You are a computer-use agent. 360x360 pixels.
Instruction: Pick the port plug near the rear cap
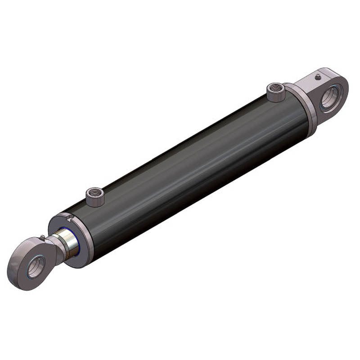(276, 93)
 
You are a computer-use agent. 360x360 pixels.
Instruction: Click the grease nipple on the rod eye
(42, 237)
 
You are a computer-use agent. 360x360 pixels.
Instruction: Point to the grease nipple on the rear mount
(318, 77)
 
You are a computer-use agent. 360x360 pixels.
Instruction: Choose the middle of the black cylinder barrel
(189, 171)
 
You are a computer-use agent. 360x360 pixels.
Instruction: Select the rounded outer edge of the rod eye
(16, 270)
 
